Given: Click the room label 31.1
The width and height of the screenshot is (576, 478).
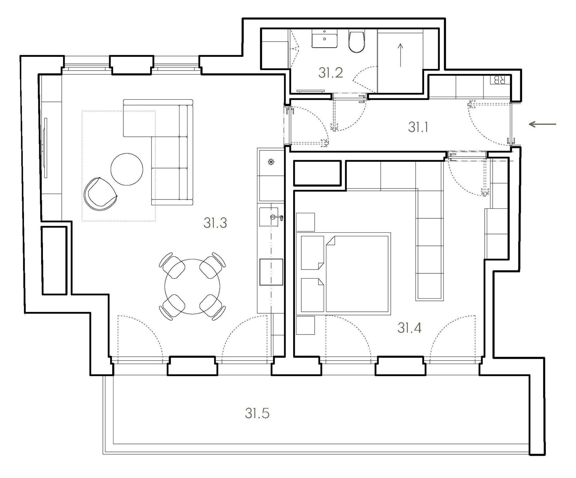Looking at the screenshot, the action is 418,127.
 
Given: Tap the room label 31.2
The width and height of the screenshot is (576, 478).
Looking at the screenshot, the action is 331,73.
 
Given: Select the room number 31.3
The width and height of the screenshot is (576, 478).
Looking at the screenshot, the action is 215,223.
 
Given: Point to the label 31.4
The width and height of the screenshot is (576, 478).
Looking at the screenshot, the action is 409,328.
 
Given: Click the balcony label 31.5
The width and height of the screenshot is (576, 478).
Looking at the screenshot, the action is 257,414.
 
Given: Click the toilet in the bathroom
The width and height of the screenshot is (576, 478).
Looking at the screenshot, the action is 357,42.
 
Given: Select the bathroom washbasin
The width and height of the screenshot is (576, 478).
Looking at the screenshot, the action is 324,39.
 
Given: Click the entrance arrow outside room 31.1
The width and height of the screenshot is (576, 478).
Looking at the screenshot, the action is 542,124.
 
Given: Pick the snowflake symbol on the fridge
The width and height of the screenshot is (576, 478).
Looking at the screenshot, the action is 271,163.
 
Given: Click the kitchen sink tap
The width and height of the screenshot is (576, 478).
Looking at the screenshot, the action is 276,217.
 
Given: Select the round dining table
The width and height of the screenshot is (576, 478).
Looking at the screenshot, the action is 192,286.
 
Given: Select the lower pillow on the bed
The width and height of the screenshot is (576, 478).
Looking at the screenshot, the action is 312,295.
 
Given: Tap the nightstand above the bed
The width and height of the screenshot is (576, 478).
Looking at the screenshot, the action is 305,222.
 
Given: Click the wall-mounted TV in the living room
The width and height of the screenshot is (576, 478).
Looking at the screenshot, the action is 46,148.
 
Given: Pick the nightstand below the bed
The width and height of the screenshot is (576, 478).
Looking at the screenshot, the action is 305,325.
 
